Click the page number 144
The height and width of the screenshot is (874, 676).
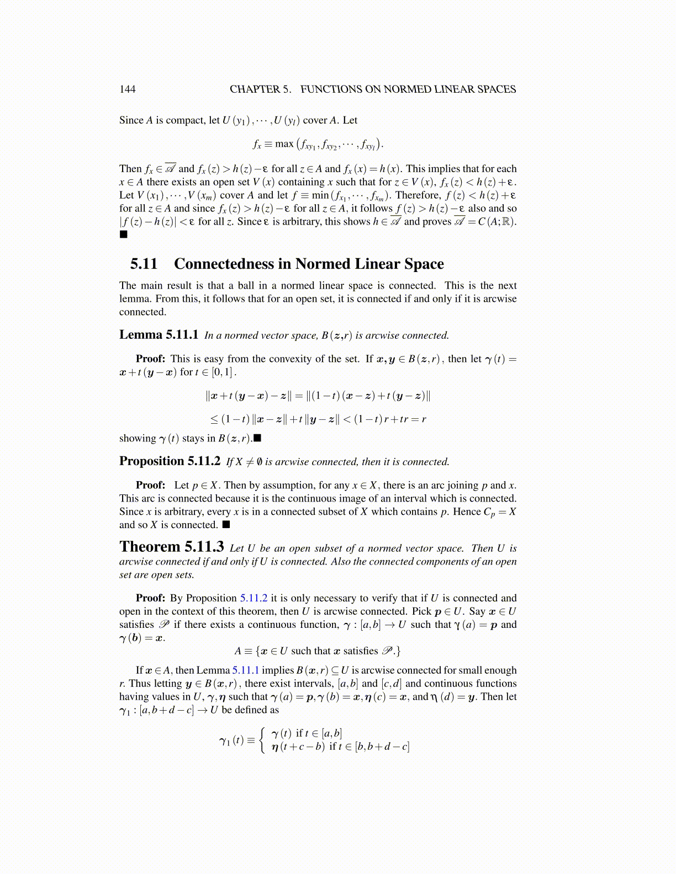click(127, 89)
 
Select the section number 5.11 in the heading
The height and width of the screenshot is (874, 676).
click(144, 264)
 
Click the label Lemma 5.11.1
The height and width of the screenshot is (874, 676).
click(159, 335)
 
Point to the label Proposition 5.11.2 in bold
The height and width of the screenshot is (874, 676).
click(170, 461)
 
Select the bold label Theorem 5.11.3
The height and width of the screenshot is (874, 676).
click(171, 547)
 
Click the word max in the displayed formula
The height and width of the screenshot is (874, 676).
click(284, 144)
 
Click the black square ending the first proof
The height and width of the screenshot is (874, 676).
click(123, 235)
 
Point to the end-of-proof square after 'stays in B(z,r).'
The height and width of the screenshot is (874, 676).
click(257, 439)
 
